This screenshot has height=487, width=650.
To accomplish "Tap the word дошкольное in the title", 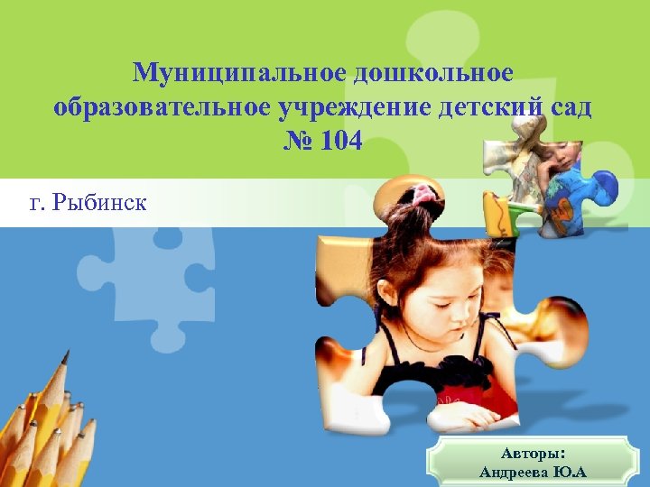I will pyautogui.click(x=432, y=72).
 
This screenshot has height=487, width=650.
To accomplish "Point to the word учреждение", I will pyautogui.click(x=355, y=107).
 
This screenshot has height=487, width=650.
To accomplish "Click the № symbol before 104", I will pyautogui.click(x=296, y=142).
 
